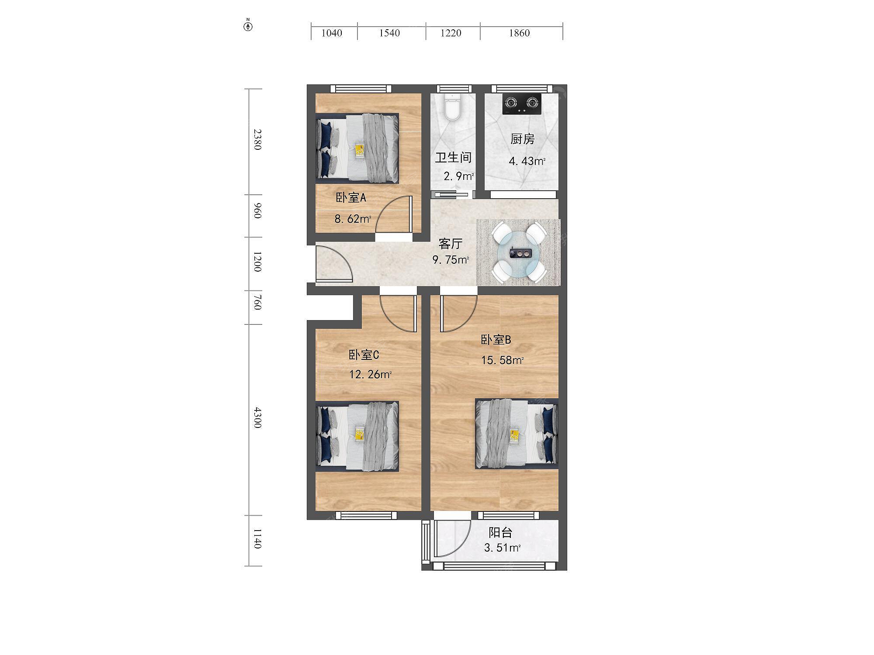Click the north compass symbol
coord(248,26)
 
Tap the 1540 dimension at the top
coord(389,33)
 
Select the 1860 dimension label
coord(519,33)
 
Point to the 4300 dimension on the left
coord(257,417)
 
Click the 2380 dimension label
coord(257,139)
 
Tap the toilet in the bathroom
coord(452,106)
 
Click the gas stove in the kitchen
coord(521,104)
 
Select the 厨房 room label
coord(522,139)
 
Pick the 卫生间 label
coord(453,157)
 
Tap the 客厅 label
coord(450,243)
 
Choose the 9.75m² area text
coord(451,260)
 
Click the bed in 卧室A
coord(357,148)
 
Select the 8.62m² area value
coord(353,218)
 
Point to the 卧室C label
coord(364,355)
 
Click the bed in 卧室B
coord(517,434)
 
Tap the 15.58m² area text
coord(502,360)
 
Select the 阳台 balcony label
coord(500,532)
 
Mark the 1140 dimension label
coord(257,538)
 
